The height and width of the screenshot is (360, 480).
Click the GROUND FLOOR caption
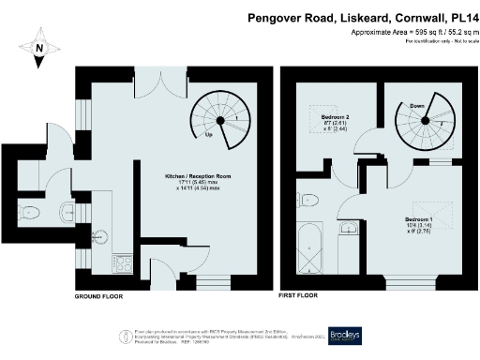101,296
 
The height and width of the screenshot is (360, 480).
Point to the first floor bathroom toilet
307,199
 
